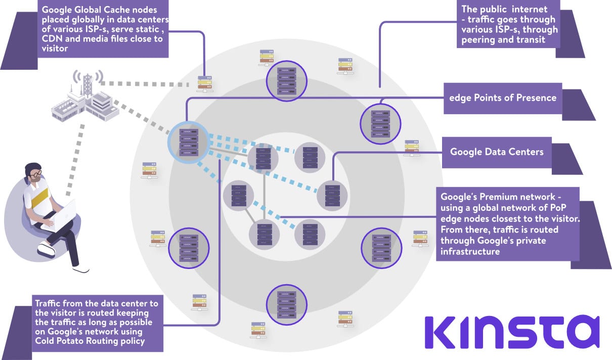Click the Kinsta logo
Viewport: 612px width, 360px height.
pyautogui.click(x=511, y=333)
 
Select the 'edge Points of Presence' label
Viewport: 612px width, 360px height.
pyautogui.click(x=503, y=98)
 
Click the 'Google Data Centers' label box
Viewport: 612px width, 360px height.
pyautogui.click(x=497, y=152)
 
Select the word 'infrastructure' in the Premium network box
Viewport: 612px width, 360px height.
pyautogui.click(x=470, y=251)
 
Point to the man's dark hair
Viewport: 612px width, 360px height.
pyautogui.click(x=31, y=167)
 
